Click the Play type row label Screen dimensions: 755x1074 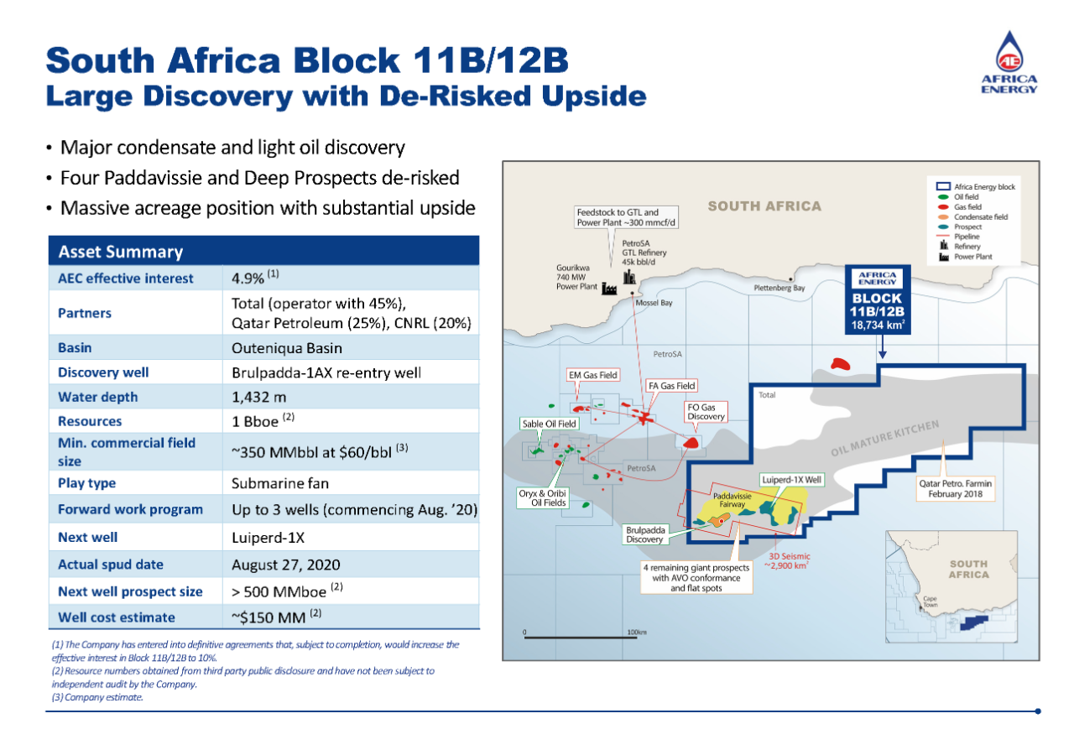87,483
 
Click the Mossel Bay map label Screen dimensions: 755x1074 654,303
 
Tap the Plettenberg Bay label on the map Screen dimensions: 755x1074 773,289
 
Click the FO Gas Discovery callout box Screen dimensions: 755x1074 706,412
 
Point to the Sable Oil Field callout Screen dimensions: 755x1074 549,424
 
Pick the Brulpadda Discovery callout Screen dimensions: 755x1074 644,534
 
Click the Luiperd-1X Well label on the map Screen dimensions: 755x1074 792,480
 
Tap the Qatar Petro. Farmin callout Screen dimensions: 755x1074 956,489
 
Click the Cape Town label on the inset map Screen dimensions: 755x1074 930,602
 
